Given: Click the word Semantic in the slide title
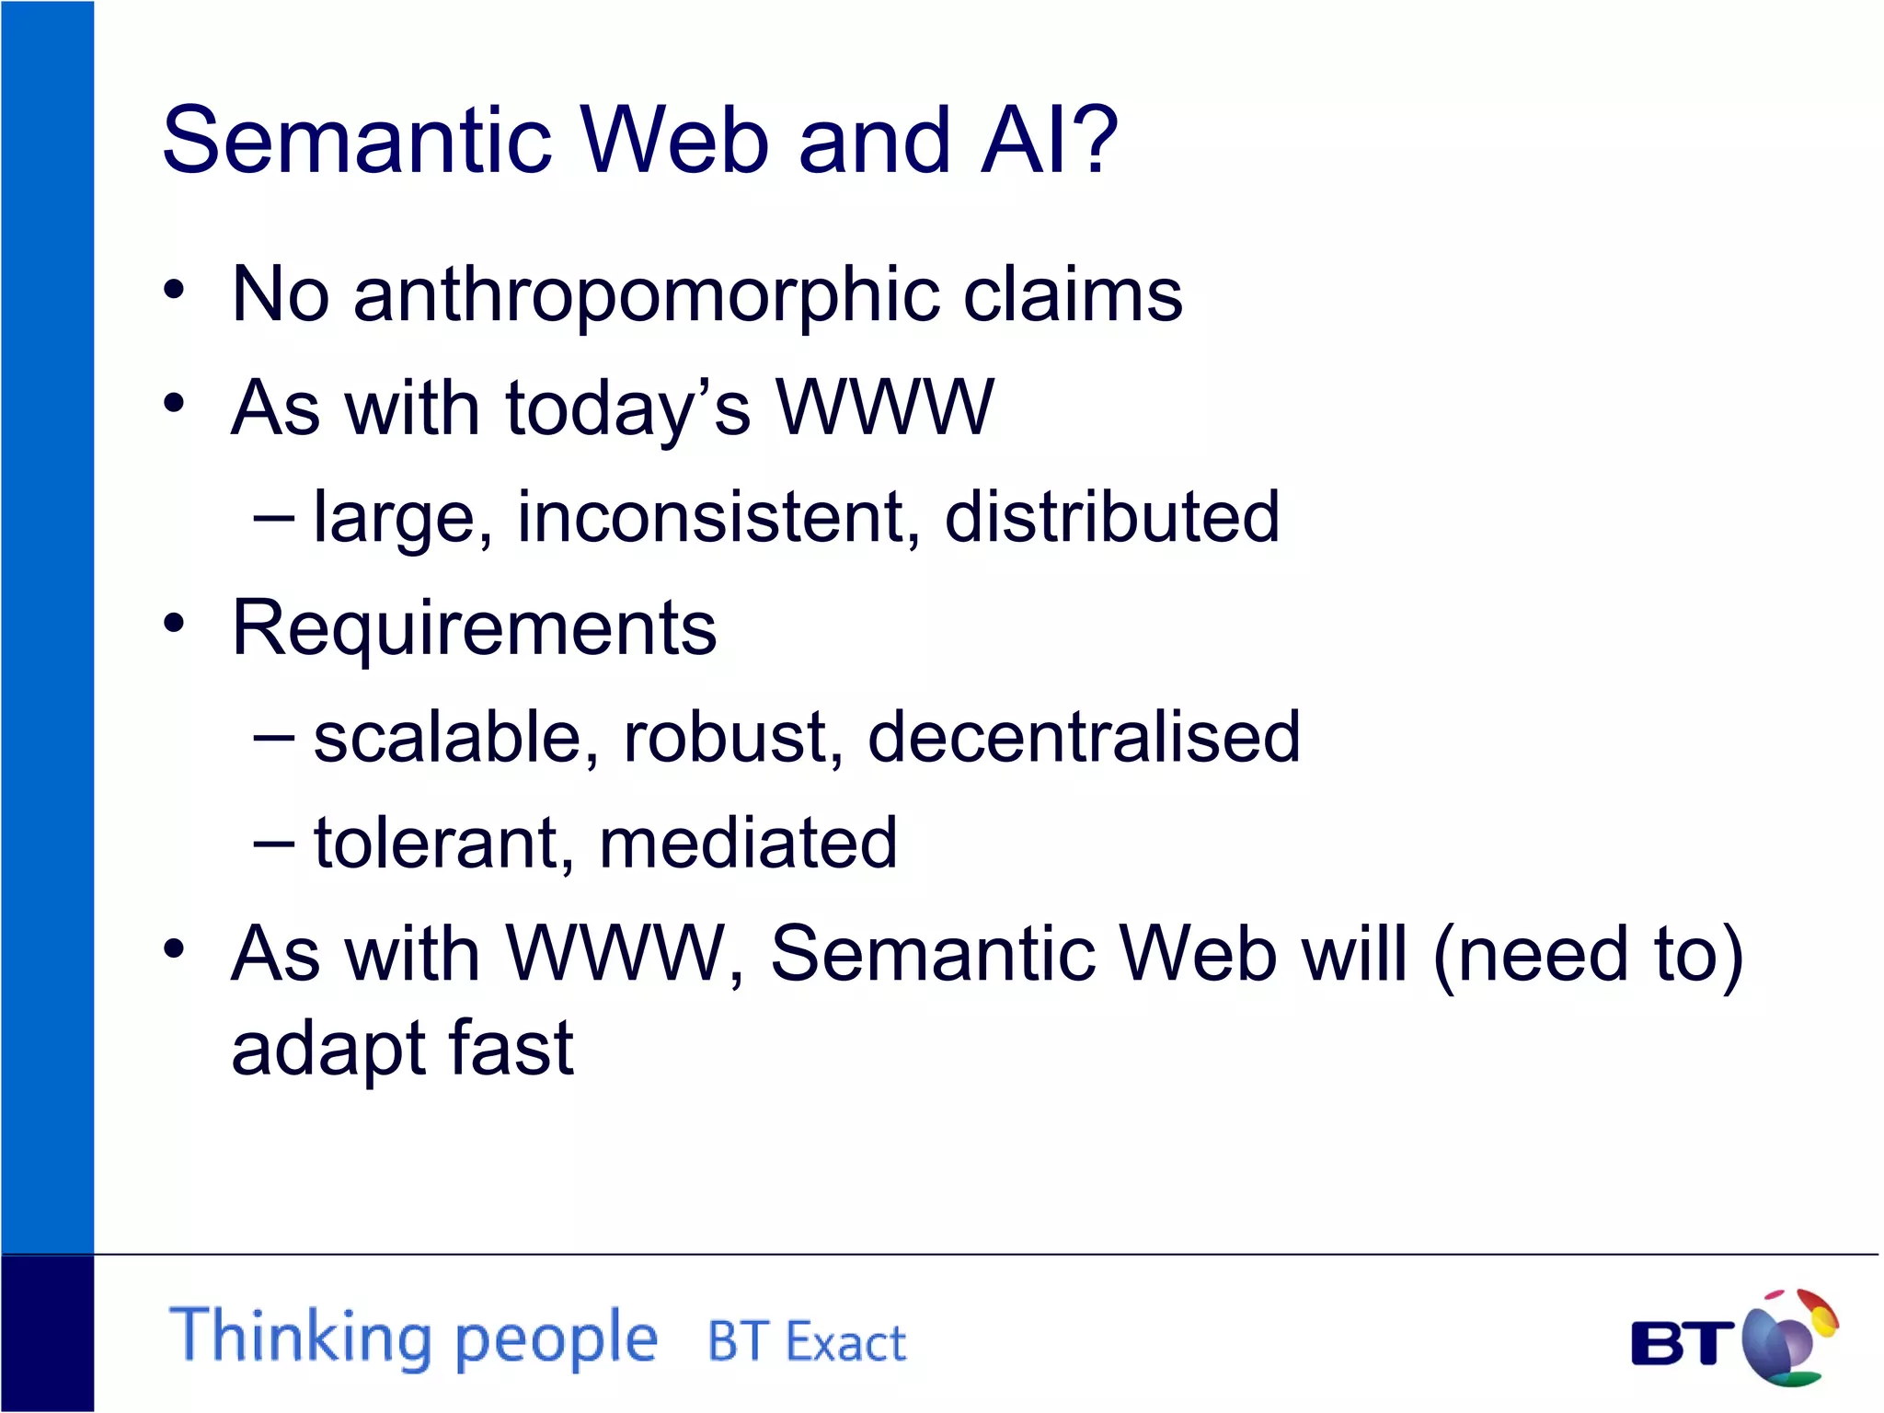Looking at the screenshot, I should tap(357, 140).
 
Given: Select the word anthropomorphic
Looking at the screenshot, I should tap(647, 296).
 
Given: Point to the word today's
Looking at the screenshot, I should tap(627, 409).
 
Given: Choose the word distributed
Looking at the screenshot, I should tap(1111, 516).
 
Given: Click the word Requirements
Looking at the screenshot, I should tap(474, 628).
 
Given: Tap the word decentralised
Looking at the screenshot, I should tap(1084, 737).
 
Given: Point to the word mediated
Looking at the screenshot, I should tap(748, 843).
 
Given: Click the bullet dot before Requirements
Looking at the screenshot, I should tap(174, 625).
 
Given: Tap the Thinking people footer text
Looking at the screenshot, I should tap(414, 1338).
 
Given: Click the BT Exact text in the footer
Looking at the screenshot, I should tap(807, 1341).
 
